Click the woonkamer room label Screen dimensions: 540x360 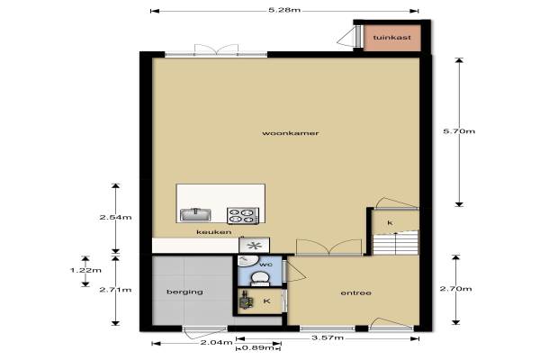(x=291, y=133)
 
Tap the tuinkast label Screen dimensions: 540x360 (x=391, y=38)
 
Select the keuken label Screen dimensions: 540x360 (x=214, y=232)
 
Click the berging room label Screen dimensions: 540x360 (x=184, y=292)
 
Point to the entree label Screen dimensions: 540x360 (x=355, y=292)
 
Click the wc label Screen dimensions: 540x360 (x=265, y=265)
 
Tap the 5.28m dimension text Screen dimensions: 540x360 (x=284, y=10)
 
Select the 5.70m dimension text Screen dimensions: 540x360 (x=459, y=131)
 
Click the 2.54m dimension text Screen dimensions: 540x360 (x=115, y=218)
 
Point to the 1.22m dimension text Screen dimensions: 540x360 (x=85, y=270)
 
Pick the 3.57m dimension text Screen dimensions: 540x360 (x=328, y=337)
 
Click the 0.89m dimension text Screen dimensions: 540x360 (x=258, y=348)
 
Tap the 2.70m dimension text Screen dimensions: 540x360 (x=455, y=289)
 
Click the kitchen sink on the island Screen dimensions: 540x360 (x=195, y=215)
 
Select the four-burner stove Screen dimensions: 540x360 (x=243, y=215)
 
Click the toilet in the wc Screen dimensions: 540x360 (x=260, y=278)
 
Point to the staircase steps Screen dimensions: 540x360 (x=396, y=243)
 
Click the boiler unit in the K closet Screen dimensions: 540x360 (x=246, y=301)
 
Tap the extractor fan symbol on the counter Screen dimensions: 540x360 (x=254, y=246)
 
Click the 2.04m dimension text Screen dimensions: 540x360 (x=216, y=342)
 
